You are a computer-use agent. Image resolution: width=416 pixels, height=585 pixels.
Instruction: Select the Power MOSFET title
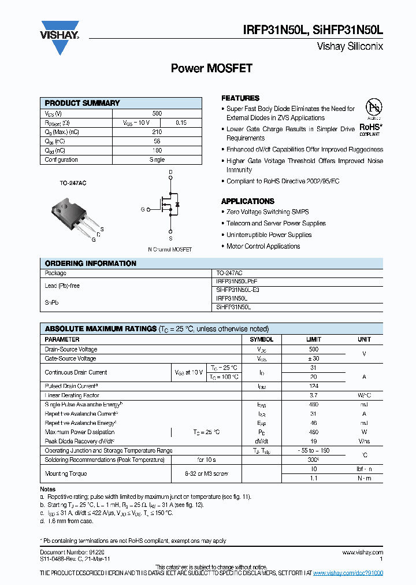(211, 68)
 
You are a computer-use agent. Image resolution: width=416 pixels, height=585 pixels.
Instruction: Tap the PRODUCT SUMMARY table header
(83, 103)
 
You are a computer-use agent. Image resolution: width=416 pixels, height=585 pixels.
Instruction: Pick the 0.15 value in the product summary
(181, 123)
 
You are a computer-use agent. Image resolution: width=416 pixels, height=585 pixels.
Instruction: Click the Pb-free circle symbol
(374, 108)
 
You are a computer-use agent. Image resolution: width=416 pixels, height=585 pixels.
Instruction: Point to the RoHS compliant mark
(370, 128)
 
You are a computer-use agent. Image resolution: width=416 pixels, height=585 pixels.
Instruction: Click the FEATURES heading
(240, 98)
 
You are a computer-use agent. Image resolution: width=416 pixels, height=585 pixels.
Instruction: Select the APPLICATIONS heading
(248, 201)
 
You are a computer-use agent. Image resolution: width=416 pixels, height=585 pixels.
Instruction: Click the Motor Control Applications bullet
(263, 246)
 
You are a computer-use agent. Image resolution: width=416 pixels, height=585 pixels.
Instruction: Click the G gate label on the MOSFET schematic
(142, 210)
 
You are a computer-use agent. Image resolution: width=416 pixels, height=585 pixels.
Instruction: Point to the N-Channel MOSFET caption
(170, 250)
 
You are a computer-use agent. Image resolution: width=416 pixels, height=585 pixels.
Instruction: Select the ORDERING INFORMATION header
(91, 264)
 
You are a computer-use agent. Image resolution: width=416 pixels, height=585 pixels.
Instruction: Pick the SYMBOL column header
(261, 339)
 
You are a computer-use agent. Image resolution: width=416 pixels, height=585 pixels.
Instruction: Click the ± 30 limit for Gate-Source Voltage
(314, 359)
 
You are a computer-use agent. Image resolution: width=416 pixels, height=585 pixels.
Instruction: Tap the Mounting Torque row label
(66, 473)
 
